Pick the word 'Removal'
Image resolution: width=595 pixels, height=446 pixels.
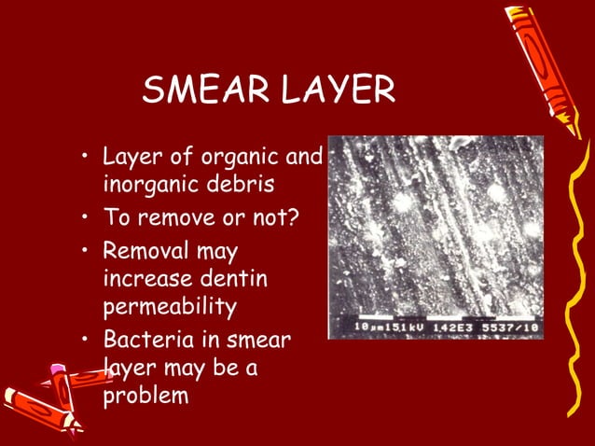pos(144,251)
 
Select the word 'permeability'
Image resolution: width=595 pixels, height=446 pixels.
pos(170,306)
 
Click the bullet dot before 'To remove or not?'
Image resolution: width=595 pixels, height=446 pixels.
pos(85,218)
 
